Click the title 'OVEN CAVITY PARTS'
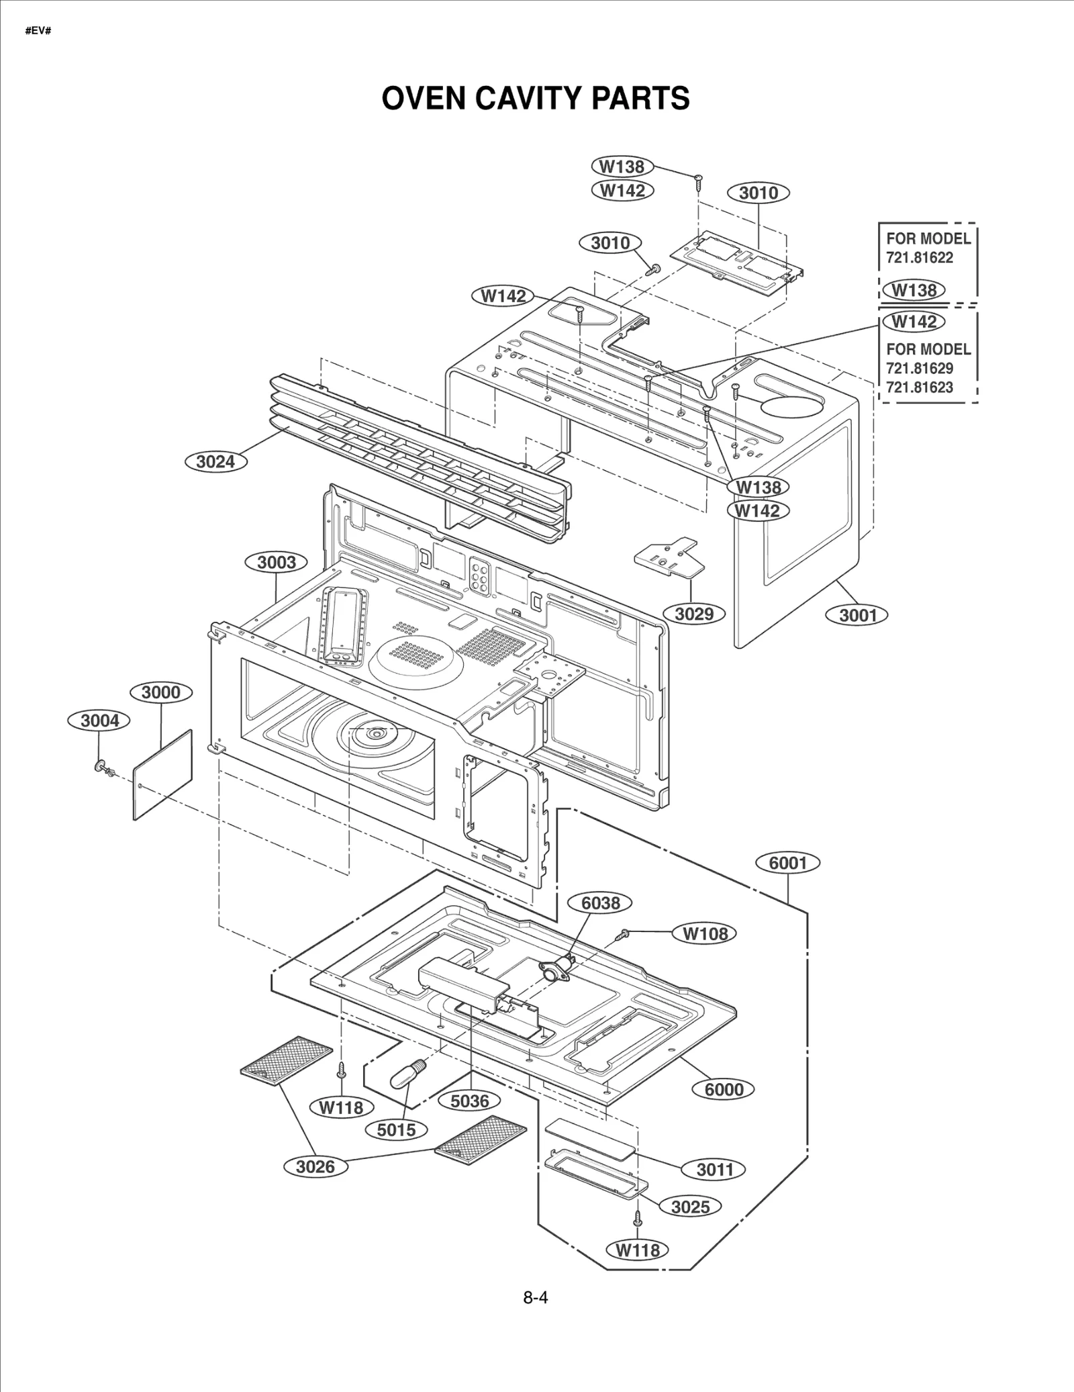tap(535, 98)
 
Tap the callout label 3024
tap(215, 461)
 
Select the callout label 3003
tap(277, 562)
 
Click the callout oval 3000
tap(161, 692)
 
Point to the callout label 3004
tap(99, 721)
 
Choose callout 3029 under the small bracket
tap(694, 613)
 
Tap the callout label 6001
tap(788, 863)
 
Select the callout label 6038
tap(600, 903)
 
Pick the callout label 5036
tap(470, 1101)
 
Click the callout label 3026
tap(315, 1166)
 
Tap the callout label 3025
tap(690, 1206)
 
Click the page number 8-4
tap(535, 1297)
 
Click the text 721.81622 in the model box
tap(920, 258)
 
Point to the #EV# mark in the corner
tap(38, 32)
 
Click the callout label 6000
tap(724, 1089)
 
